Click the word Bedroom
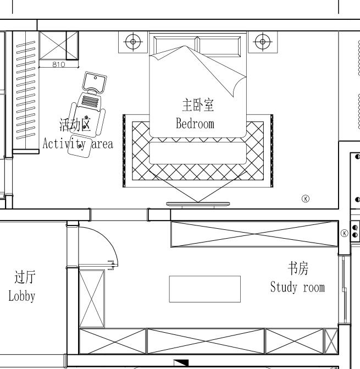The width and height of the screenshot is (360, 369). pyautogui.click(x=195, y=124)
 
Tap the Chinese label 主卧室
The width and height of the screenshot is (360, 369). pyautogui.click(x=198, y=105)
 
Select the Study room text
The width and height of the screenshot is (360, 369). pyautogui.click(x=297, y=287)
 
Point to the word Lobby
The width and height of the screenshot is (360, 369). pyautogui.click(x=22, y=296)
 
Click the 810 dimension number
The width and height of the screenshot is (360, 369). pyautogui.click(x=59, y=64)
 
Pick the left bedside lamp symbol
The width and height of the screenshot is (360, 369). pyautogui.click(x=133, y=42)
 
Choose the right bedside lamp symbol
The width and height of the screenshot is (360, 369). pyautogui.click(x=263, y=42)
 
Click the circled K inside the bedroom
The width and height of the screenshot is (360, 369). pyautogui.click(x=306, y=199)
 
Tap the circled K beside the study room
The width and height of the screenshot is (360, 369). pyautogui.click(x=345, y=233)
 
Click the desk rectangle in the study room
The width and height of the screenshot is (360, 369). pyautogui.click(x=205, y=289)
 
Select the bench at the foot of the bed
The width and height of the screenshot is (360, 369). pyautogui.click(x=198, y=153)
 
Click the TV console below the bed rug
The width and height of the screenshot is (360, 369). pyautogui.click(x=198, y=204)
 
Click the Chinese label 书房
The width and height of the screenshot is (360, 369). pyautogui.click(x=298, y=268)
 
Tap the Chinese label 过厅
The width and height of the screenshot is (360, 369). pyautogui.click(x=25, y=277)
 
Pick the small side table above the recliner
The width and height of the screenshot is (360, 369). pyautogui.click(x=95, y=82)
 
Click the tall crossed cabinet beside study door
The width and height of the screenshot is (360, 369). pyautogui.click(x=92, y=299)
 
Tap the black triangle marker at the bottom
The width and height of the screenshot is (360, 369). pyautogui.click(x=181, y=362)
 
